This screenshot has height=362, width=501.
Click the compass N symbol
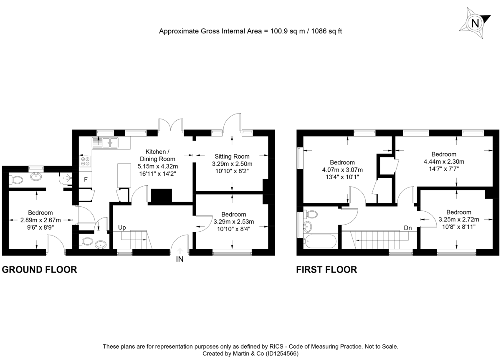click(475, 23)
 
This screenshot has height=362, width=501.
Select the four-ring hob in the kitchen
click(86, 162)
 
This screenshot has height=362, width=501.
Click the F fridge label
click(86, 180)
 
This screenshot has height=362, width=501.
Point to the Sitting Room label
click(232, 157)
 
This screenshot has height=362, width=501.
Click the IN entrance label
click(180, 259)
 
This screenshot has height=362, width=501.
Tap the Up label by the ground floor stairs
click(122, 228)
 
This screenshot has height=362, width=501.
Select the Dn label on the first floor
click(408, 228)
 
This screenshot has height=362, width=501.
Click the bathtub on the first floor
click(320, 241)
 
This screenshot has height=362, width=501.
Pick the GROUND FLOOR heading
click(40, 270)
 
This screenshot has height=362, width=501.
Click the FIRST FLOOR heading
click(326, 270)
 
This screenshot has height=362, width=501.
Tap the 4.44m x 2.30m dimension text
click(444, 162)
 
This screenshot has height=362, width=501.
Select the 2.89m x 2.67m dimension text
click(40, 220)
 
